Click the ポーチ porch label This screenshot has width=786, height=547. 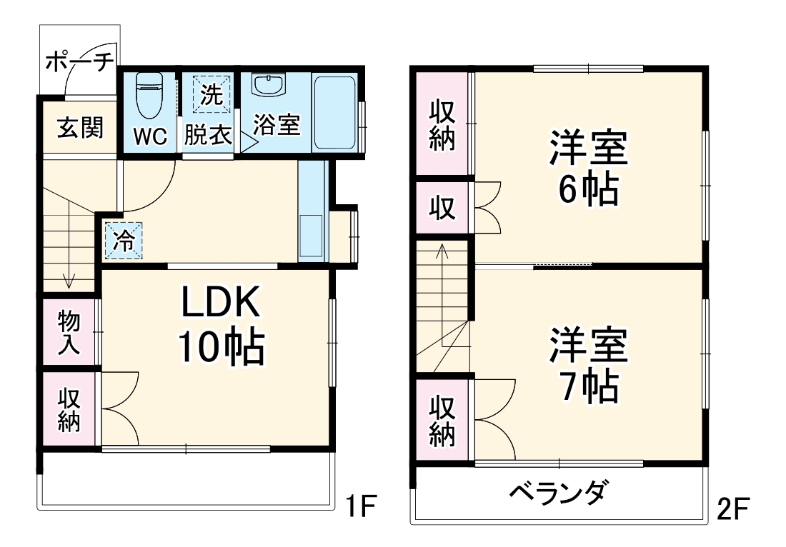tap(79, 63)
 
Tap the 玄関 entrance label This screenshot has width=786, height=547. tap(80, 129)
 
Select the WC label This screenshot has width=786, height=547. tap(150, 136)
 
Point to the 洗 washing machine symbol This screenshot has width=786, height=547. tap(211, 95)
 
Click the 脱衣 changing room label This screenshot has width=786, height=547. tap(208, 136)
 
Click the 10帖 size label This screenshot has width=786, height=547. tap(221, 348)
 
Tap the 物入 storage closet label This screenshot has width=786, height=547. tap(69, 333)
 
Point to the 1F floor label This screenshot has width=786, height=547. tap(361, 508)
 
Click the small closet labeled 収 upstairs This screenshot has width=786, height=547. tap(442, 208)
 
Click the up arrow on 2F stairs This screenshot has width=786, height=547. tap(442, 251)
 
